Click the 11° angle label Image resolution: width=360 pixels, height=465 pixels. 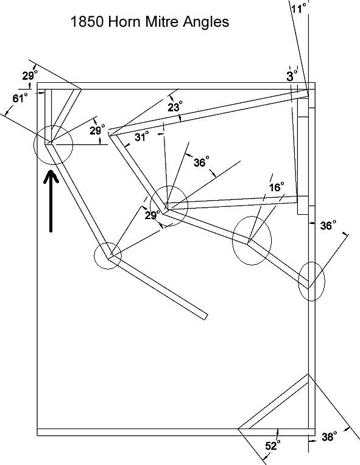click(x=298, y=9)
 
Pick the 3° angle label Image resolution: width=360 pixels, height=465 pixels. click(x=291, y=76)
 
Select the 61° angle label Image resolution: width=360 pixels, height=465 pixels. click(x=20, y=98)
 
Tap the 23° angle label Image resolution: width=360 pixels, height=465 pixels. click(x=175, y=107)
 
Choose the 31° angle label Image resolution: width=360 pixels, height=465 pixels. click(x=141, y=137)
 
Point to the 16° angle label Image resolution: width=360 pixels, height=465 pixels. click(x=277, y=187)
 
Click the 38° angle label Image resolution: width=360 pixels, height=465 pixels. click(x=329, y=436)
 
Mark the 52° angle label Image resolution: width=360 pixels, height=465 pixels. click(x=272, y=445)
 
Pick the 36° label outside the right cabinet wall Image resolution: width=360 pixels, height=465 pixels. click(x=328, y=226)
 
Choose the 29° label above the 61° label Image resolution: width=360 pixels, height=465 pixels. click(x=30, y=75)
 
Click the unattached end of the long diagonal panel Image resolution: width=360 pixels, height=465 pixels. click(x=205, y=316)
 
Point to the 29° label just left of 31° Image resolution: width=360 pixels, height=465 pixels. click(x=97, y=130)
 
